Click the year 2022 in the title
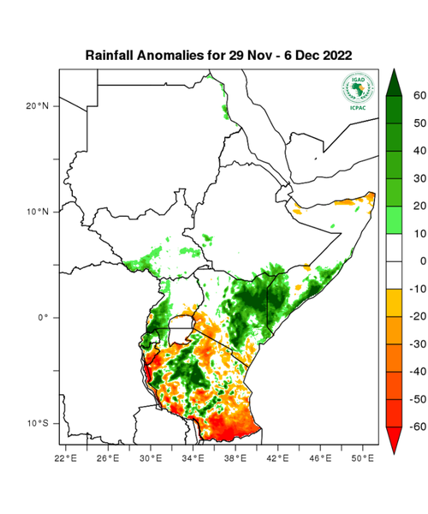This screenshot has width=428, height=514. point(332,55)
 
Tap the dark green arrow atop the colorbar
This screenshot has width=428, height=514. point(395,82)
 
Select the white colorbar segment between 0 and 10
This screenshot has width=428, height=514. point(395,247)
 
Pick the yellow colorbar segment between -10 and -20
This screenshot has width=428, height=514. point(395,302)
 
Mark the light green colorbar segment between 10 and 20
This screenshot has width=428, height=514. point(395,219)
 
